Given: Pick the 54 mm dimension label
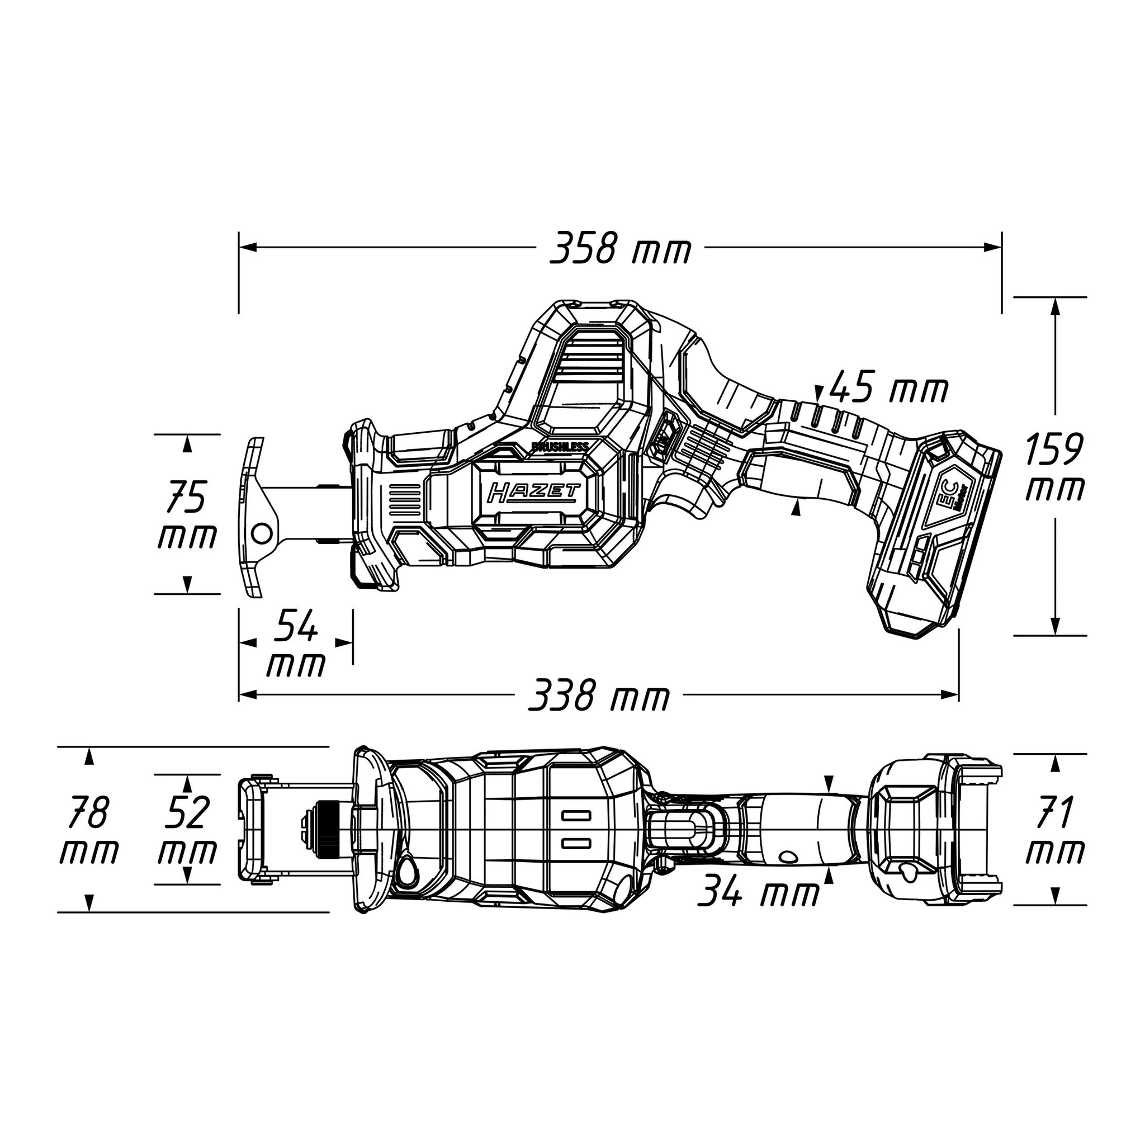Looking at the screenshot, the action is [x=296, y=644].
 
